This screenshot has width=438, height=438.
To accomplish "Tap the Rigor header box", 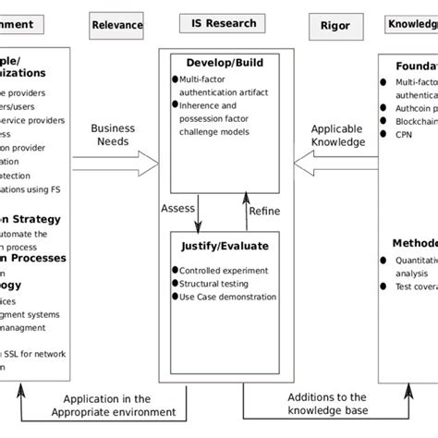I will (x=335, y=26).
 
